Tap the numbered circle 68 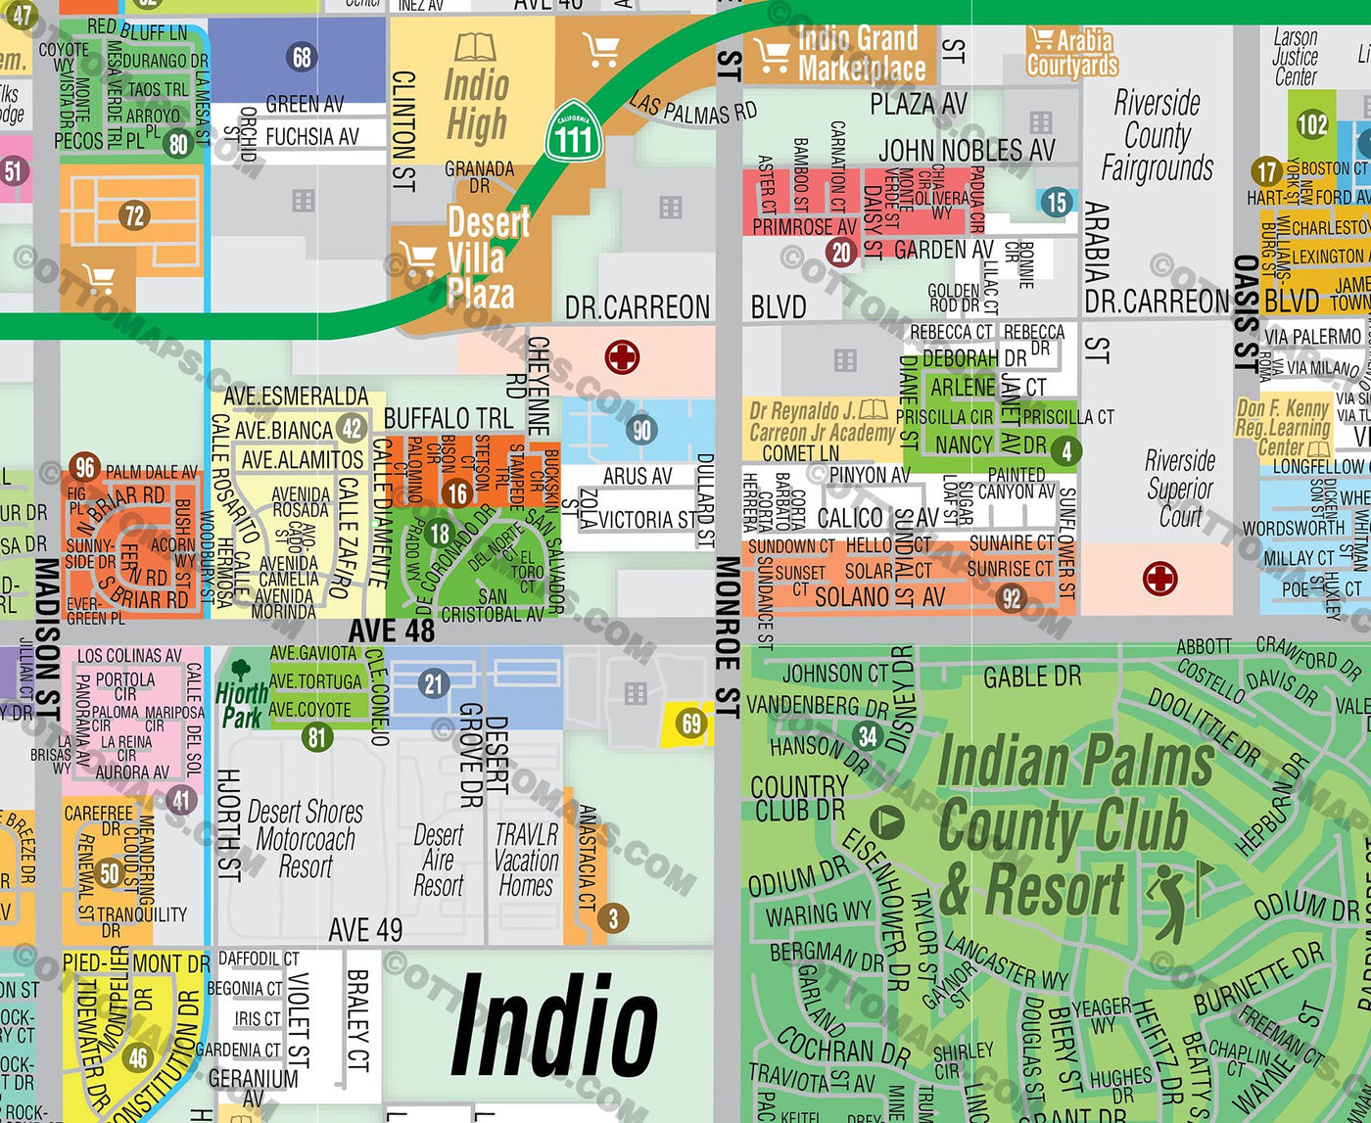(x=302, y=57)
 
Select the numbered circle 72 (x=133, y=214)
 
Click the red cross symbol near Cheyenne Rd (x=622, y=356)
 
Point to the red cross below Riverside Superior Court (x=1159, y=578)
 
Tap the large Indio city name (x=554, y=1025)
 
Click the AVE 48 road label (x=391, y=632)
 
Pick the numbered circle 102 (x=1311, y=124)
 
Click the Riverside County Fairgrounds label (x=1157, y=135)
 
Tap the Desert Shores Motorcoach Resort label (x=305, y=839)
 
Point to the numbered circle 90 (x=641, y=430)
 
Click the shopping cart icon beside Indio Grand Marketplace (x=772, y=55)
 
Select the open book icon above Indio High (x=476, y=46)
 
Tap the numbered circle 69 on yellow (x=692, y=724)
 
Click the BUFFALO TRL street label (x=448, y=419)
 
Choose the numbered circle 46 (x=138, y=1057)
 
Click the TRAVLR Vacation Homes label (x=526, y=861)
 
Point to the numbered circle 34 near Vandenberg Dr (x=867, y=735)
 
